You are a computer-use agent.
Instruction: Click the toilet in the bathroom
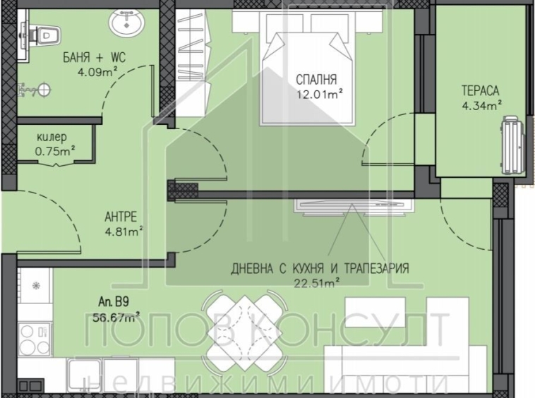[44, 32]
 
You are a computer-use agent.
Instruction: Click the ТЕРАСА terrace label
[481, 91]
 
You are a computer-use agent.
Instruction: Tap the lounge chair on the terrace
[510, 146]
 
